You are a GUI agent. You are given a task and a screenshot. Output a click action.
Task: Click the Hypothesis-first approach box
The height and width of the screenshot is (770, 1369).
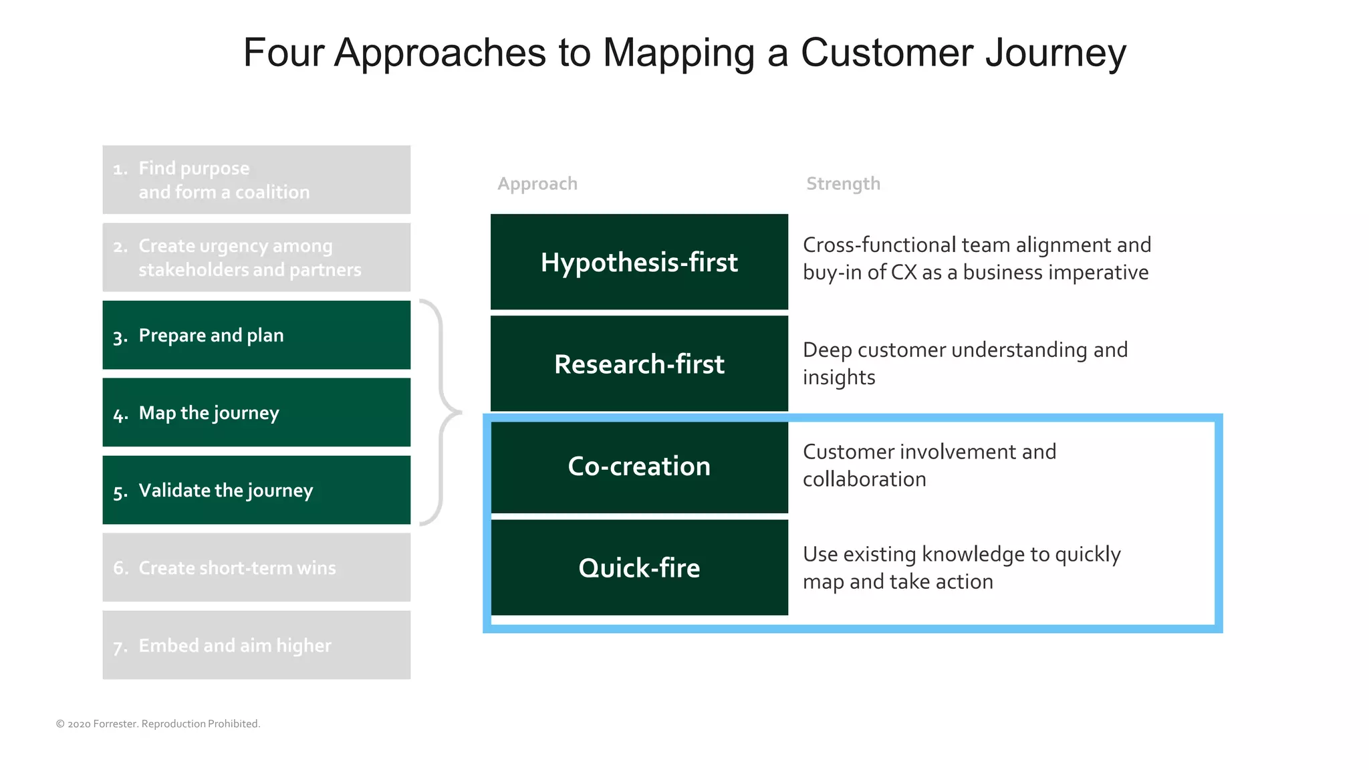[x=639, y=262]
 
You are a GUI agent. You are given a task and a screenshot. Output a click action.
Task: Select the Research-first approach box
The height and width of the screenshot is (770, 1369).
[x=639, y=364]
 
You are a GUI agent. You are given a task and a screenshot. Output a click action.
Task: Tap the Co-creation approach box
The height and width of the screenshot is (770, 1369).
[x=639, y=466]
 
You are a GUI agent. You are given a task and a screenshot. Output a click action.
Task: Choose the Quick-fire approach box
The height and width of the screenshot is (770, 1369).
[x=639, y=567]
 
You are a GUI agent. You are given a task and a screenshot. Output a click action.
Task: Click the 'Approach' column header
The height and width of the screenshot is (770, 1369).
[x=537, y=184]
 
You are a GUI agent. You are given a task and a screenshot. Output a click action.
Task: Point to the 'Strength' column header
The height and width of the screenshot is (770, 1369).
[x=843, y=184]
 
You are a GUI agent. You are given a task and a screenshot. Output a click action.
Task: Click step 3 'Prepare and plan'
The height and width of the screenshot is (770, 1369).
[x=256, y=335]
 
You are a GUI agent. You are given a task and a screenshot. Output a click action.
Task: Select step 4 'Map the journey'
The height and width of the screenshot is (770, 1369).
[x=256, y=412]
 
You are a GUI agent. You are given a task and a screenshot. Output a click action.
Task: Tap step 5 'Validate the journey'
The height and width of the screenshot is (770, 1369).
[x=256, y=490]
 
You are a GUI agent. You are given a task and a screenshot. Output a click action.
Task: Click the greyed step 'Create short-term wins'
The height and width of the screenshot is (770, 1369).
[x=256, y=567]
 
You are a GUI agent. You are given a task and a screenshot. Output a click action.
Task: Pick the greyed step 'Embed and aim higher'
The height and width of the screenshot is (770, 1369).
[x=256, y=645]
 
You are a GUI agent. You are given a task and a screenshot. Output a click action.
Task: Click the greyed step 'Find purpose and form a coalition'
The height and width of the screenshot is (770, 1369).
[x=256, y=180]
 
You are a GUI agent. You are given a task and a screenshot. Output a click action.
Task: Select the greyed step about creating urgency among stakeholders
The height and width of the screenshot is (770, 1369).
[x=256, y=257]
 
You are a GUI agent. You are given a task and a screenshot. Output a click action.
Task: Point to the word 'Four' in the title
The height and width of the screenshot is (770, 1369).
[x=283, y=52]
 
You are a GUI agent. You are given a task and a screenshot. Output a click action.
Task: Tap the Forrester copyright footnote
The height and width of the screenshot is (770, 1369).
[x=158, y=724]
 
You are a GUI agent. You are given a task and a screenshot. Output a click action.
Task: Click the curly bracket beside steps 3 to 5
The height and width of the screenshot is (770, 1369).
[x=441, y=412]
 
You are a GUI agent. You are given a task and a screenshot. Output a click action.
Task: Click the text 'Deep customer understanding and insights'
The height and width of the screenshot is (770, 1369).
[x=965, y=363]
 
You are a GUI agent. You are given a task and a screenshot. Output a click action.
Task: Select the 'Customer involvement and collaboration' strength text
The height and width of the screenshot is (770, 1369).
[x=929, y=465]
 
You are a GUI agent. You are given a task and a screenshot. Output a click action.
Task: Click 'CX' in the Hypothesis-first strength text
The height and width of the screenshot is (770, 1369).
[x=904, y=273]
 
